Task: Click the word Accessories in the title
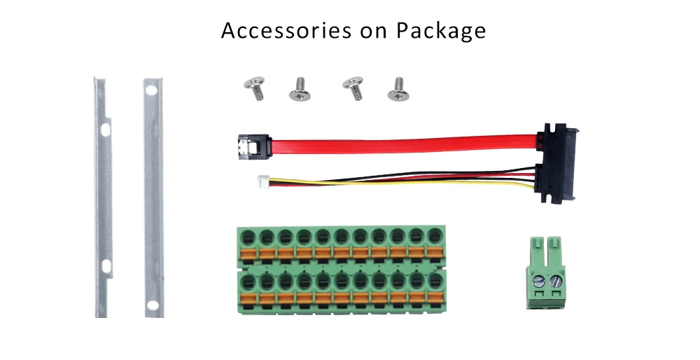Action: (x=286, y=30)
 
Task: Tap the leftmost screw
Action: (x=255, y=88)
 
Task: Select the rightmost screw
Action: (x=399, y=90)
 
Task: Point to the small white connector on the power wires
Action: (x=262, y=181)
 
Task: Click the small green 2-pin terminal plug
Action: (x=545, y=272)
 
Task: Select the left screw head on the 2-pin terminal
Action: (x=539, y=281)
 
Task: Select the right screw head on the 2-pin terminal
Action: (x=556, y=281)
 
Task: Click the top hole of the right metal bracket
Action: (x=151, y=91)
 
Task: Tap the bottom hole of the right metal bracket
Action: (x=153, y=305)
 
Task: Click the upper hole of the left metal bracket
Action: (x=105, y=130)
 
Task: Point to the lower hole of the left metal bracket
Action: (x=106, y=266)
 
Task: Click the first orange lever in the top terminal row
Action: (x=248, y=254)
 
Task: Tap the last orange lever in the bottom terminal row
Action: (x=435, y=298)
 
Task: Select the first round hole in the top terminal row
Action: (x=248, y=237)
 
